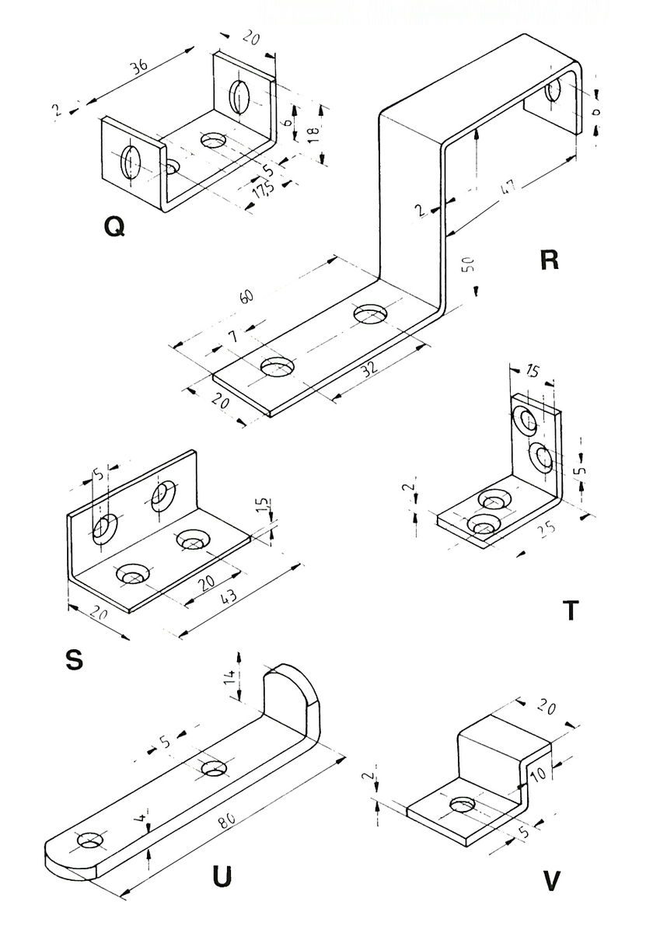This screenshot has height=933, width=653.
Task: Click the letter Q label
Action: (113, 227)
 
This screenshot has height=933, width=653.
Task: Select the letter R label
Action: (549, 260)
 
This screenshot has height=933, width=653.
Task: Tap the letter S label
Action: (74, 660)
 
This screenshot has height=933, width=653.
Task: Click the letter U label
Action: (222, 876)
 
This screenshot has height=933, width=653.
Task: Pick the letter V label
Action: (553, 882)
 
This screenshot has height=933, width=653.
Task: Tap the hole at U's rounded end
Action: (89, 841)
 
